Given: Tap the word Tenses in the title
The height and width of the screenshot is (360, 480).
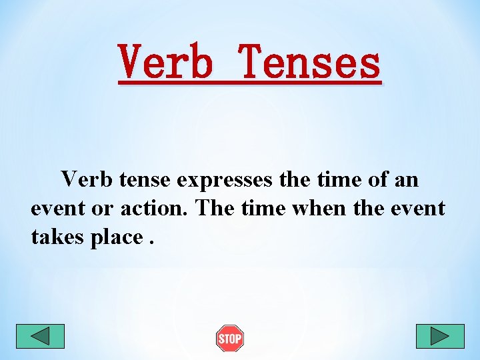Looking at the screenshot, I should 311,62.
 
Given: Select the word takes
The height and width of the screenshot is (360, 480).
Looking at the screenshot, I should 57,237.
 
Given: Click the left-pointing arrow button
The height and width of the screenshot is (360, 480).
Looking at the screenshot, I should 40,336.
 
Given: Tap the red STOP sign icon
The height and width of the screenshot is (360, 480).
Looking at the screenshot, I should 230,339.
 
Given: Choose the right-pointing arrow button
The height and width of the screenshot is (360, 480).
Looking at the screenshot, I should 439,336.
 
